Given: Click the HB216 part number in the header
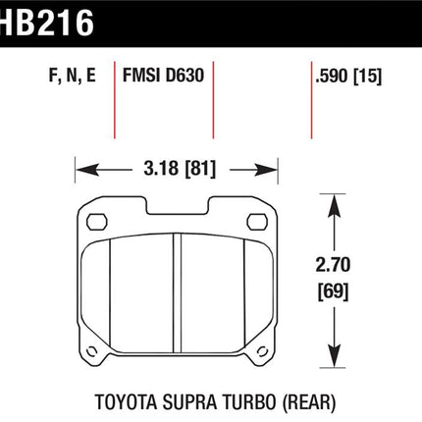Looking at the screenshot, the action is pos(46,23).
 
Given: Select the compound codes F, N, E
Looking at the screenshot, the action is pos(72,76).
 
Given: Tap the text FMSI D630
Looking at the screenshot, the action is pos(163,75).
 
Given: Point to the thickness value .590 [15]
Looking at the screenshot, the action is pos(348,76).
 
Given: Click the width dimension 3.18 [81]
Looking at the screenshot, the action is pos(180,169).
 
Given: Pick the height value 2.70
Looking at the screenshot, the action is pos(333,265).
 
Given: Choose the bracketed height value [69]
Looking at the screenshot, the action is pos(333,291).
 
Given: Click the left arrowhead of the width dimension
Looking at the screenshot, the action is pos(87,170).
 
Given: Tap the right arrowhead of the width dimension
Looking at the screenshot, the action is pos(266,170).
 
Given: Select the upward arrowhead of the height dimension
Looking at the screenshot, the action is pos(334,206).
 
